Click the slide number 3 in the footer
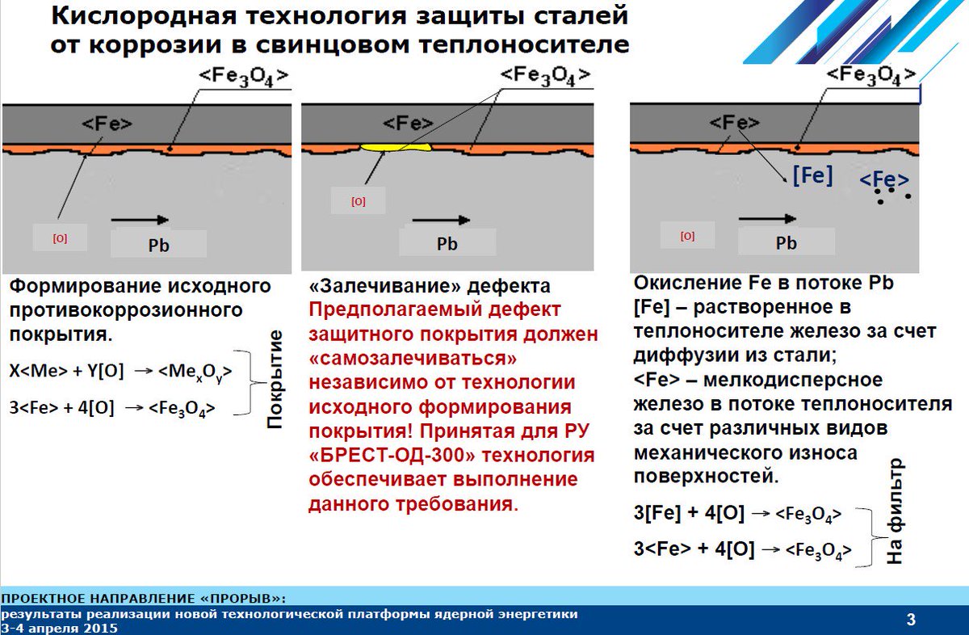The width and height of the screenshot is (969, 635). pyautogui.click(x=911, y=620)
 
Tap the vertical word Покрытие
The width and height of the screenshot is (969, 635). pyautogui.click(x=275, y=378)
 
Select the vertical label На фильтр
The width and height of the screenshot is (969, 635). pyautogui.click(x=894, y=511)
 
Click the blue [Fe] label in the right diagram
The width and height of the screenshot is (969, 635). pyautogui.click(x=812, y=176)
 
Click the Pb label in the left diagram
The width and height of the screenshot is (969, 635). pyautogui.click(x=158, y=244)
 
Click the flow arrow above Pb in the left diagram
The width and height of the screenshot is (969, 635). pyautogui.click(x=140, y=220)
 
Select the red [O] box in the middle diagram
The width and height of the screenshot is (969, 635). pyautogui.click(x=358, y=202)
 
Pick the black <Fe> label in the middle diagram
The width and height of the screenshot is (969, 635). pyautogui.click(x=408, y=124)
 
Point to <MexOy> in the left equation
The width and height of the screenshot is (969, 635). pyautogui.click(x=195, y=371)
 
